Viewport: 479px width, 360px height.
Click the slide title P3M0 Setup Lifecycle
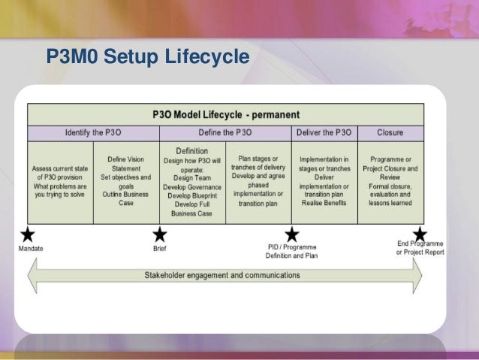pyautogui.click(x=147, y=57)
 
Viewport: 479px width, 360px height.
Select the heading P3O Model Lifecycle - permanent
pyautogui.click(x=225, y=115)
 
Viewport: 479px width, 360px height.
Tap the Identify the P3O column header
pyautogui.click(x=93, y=133)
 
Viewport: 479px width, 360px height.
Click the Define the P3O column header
pyautogui.click(x=225, y=133)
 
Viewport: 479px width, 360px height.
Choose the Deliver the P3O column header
pyautogui.click(x=324, y=133)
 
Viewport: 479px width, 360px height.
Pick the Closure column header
pyautogui.click(x=390, y=133)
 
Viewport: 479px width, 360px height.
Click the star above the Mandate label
pyautogui.click(x=29, y=234)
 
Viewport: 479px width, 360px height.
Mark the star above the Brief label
pyautogui.click(x=159, y=234)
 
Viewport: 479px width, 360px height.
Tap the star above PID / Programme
pyautogui.click(x=291, y=234)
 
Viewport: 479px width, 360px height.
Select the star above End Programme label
pyautogui.click(x=420, y=234)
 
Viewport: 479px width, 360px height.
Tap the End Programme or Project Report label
pyautogui.click(x=420, y=248)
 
